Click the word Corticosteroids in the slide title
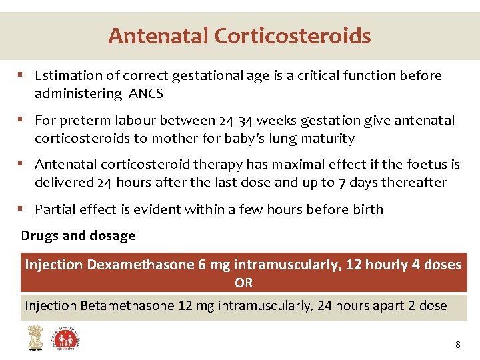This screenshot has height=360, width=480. (293, 35)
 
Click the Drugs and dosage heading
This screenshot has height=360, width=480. (78, 235)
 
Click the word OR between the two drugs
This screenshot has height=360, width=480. (243, 283)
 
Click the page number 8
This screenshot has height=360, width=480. (457, 345)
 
